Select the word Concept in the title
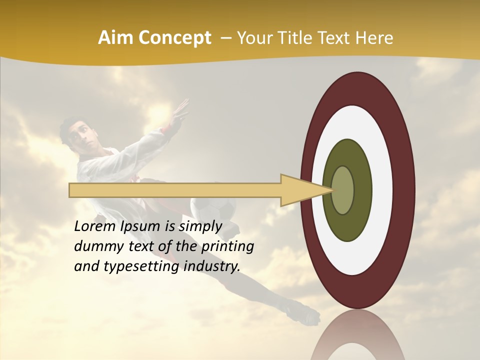tap(174, 38)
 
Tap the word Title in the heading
tap(296, 38)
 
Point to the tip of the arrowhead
tap(332, 190)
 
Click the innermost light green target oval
tap(343, 190)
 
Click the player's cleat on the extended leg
tap(305, 314)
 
